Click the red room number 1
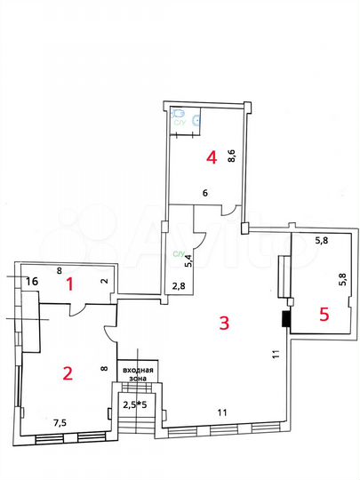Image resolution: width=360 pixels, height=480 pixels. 70,284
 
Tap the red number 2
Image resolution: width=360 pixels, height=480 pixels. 67,372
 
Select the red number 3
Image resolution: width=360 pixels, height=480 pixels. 225,324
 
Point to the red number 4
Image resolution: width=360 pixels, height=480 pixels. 211,158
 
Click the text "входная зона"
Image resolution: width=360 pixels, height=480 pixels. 139,374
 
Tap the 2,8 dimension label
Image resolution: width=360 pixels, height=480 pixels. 178,286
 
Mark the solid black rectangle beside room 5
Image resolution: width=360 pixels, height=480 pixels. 286,320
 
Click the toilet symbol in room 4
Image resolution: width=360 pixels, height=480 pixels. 178,115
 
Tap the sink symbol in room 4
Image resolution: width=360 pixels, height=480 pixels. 196,116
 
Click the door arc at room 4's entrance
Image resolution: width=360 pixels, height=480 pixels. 228,211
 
